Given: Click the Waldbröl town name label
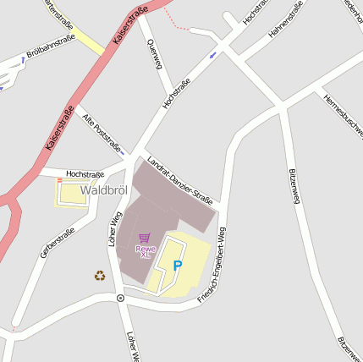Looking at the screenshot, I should coord(103,190).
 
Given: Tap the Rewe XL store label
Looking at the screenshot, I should coord(145,251).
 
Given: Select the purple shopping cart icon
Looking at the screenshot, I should coord(144,238).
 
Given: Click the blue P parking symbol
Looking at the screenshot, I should coord(178,266).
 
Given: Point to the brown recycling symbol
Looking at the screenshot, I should coord(100,275).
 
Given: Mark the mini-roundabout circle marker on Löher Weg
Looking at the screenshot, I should coord(120,299).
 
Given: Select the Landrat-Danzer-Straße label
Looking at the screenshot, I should coord(179,182).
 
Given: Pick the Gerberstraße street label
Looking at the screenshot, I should coord(58,243).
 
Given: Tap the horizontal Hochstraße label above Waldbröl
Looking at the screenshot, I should coord(85,173).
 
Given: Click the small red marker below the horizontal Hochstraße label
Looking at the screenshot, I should coord(60,181).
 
